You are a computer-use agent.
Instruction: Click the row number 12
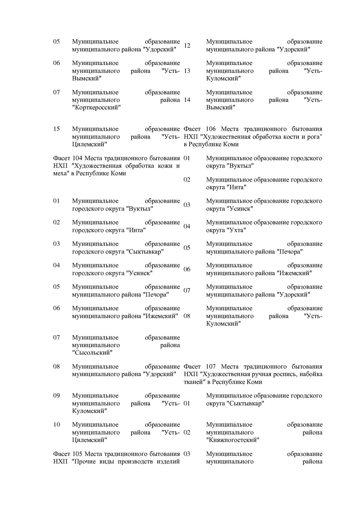(x=187, y=46)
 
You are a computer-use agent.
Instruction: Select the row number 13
(x=187, y=71)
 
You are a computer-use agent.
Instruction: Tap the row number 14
(x=187, y=100)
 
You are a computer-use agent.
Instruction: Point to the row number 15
(x=56, y=129)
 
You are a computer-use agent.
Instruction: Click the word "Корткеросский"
(x=96, y=108)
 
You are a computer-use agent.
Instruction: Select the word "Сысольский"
(x=92, y=353)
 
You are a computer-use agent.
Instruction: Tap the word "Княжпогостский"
(x=233, y=440)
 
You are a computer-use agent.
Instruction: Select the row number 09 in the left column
(x=56, y=396)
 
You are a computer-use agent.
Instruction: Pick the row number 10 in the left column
(x=56, y=425)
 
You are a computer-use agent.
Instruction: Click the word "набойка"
(x=311, y=374)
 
